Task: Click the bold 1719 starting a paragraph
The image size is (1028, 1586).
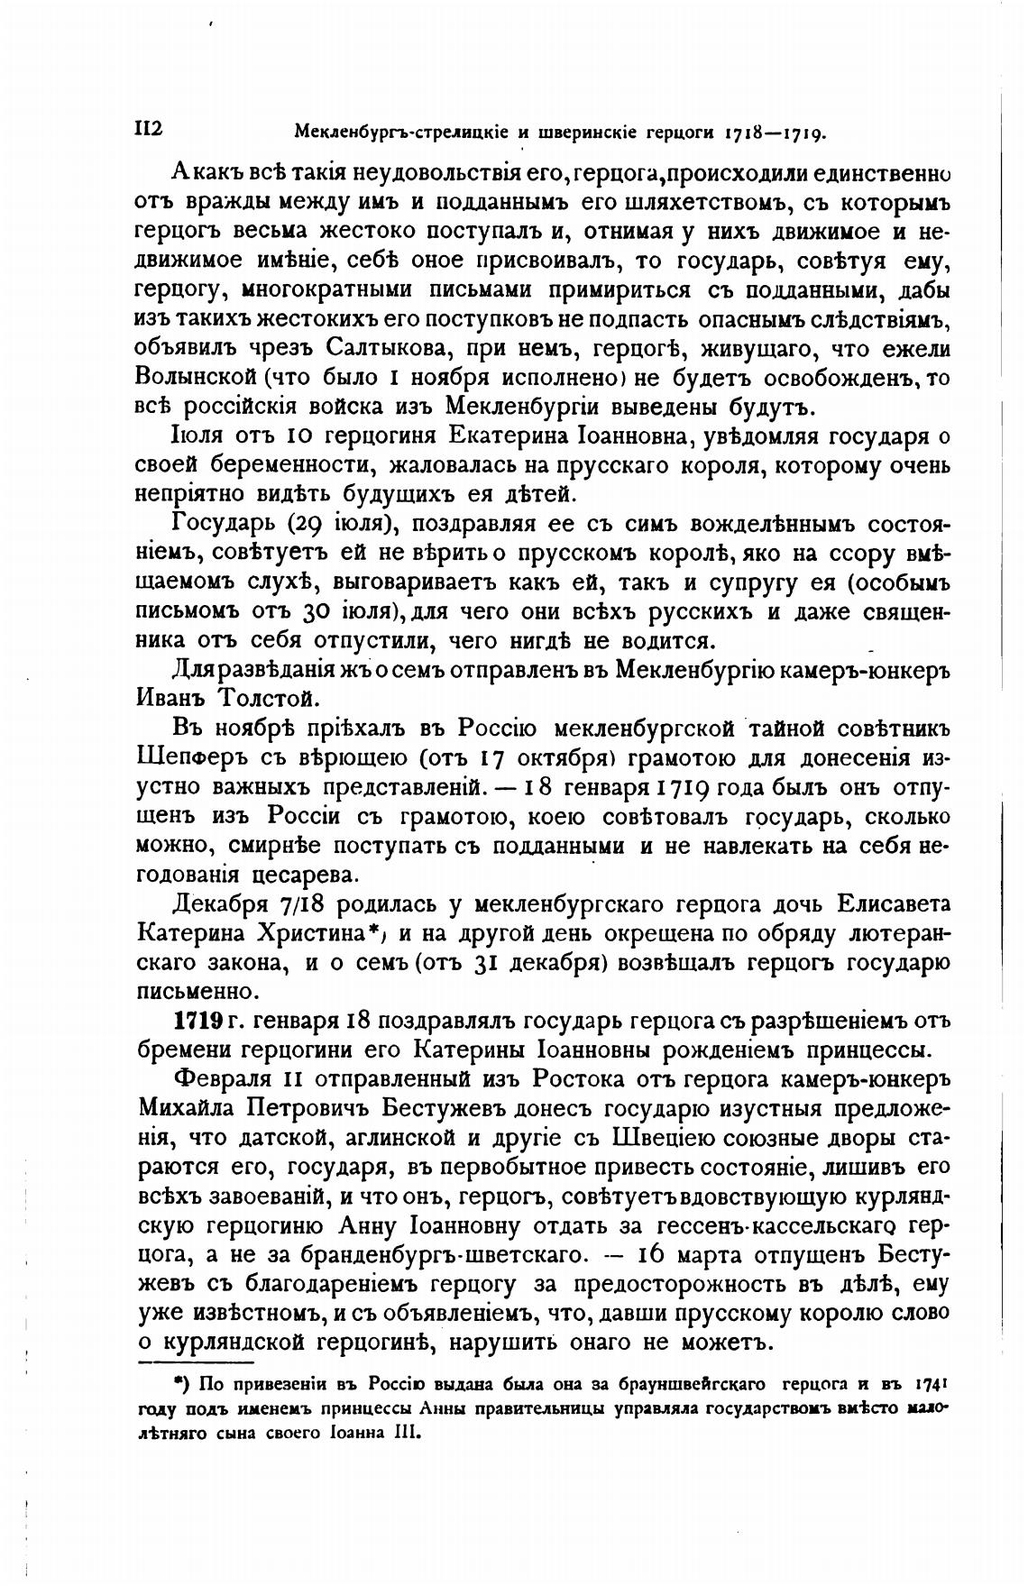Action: [197, 1021]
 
